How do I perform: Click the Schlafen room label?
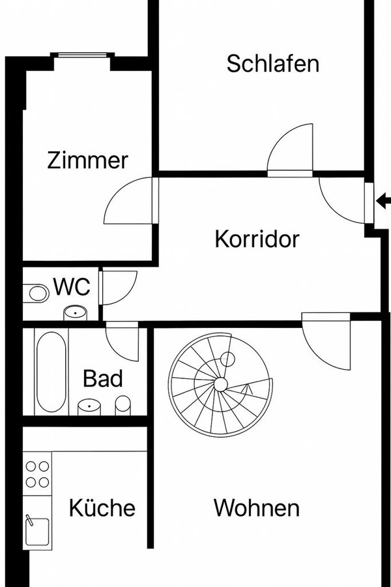click(x=273, y=64)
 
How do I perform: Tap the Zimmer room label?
click(x=88, y=160)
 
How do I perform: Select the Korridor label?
click(x=257, y=239)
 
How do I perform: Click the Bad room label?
click(x=103, y=378)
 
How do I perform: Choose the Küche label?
click(x=102, y=507)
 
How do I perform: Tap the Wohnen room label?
click(x=256, y=507)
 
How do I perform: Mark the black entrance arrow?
click(x=383, y=203)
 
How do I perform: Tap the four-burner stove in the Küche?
click(x=37, y=475)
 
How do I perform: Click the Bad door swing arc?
click(x=123, y=340)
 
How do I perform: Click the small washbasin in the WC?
click(x=77, y=313)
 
